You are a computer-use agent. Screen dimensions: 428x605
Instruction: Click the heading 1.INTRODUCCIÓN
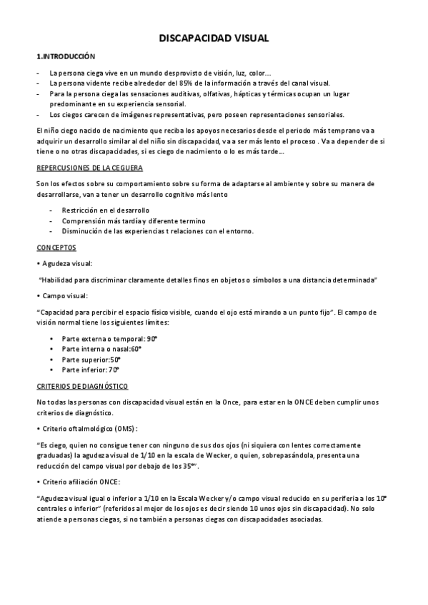click(x=65, y=56)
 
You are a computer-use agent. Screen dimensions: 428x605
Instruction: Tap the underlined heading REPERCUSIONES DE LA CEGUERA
click(x=89, y=168)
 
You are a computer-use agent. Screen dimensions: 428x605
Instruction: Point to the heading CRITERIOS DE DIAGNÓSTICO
click(x=82, y=386)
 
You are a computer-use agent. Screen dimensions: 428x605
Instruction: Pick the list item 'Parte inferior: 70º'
click(x=91, y=370)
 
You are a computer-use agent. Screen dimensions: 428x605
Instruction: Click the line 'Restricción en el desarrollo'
click(x=105, y=210)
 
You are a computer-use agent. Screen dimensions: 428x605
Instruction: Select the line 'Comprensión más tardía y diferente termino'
click(x=133, y=220)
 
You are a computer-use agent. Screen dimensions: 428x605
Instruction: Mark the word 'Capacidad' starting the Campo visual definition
click(x=56, y=312)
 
